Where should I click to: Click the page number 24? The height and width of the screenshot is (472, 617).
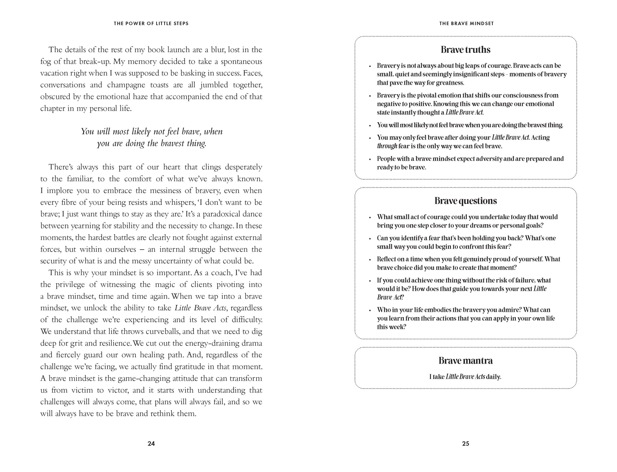click(x=151, y=443)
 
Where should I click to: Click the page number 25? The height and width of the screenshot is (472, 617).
click(x=465, y=443)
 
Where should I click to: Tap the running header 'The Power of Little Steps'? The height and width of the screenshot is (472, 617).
click(x=151, y=23)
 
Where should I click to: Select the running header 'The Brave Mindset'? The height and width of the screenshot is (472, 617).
click(x=466, y=23)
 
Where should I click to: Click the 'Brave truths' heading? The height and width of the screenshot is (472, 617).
click(x=465, y=50)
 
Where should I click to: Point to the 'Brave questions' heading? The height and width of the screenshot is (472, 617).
click(x=465, y=201)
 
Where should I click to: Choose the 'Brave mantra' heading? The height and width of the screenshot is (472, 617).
click(x=465, y=361)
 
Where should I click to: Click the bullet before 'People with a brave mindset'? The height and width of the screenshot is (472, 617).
click(x=370, y=159)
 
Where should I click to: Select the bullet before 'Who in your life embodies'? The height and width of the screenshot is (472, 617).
click(x=370, y=310)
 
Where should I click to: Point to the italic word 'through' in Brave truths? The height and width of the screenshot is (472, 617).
click(x=387, y=146)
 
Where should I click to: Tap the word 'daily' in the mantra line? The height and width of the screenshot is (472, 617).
click(x=494, y=377)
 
